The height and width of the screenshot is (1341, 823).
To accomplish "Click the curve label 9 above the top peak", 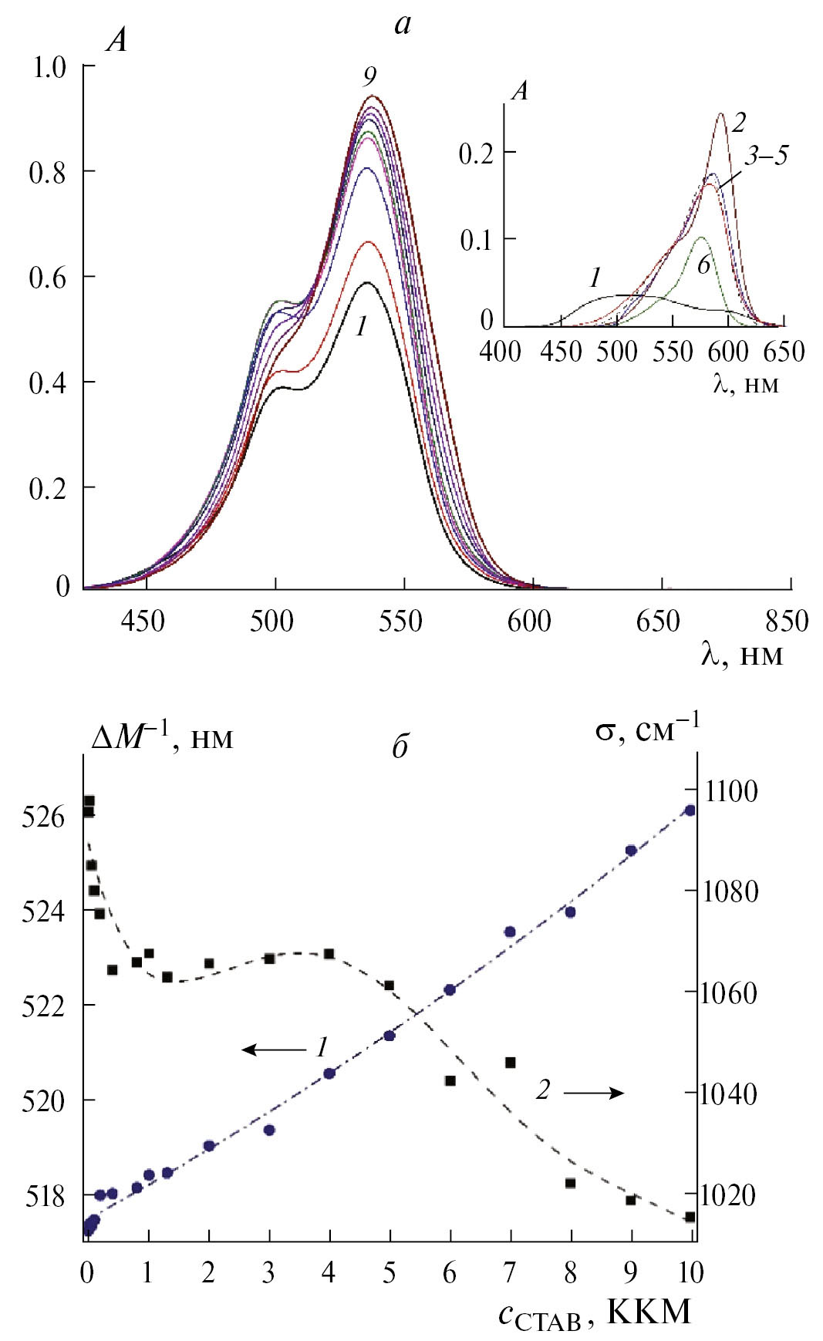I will pyautogui.click(x=370, y=77).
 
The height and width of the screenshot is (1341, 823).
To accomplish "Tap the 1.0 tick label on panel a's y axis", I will pyautogui.click(x=50, y=68).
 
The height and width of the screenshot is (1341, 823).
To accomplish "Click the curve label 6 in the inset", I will pyautogui.click(x=703, y=265).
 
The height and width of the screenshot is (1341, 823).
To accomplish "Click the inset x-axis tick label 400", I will pyautogui.click(x=500, y=352).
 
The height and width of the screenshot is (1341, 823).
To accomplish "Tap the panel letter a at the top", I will pyautogui.click(x=403, y=25).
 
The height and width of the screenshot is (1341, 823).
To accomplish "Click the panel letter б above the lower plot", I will pyautogui.click(x=400, y=746).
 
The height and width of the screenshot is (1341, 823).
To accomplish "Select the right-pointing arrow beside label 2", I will pyautogui.click(x=593, y=1093).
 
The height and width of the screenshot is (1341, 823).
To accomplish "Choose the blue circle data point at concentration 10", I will pyautogui.click(x=690, y=810).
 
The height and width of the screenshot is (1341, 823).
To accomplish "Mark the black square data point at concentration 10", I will pyautogui.click(x=690, y=1217).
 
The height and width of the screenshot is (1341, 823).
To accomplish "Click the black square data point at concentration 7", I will pyautogui.click(x=510, y=1063).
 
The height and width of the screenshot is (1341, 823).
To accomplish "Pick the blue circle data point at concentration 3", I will pyautogui.click(x=269, y=1130).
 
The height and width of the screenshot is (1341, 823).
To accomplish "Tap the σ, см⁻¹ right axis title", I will pyautogui.click(x=647, y=727).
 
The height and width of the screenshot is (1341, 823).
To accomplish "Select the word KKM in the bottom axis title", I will pyautogui.click(x=649, y=1312).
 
